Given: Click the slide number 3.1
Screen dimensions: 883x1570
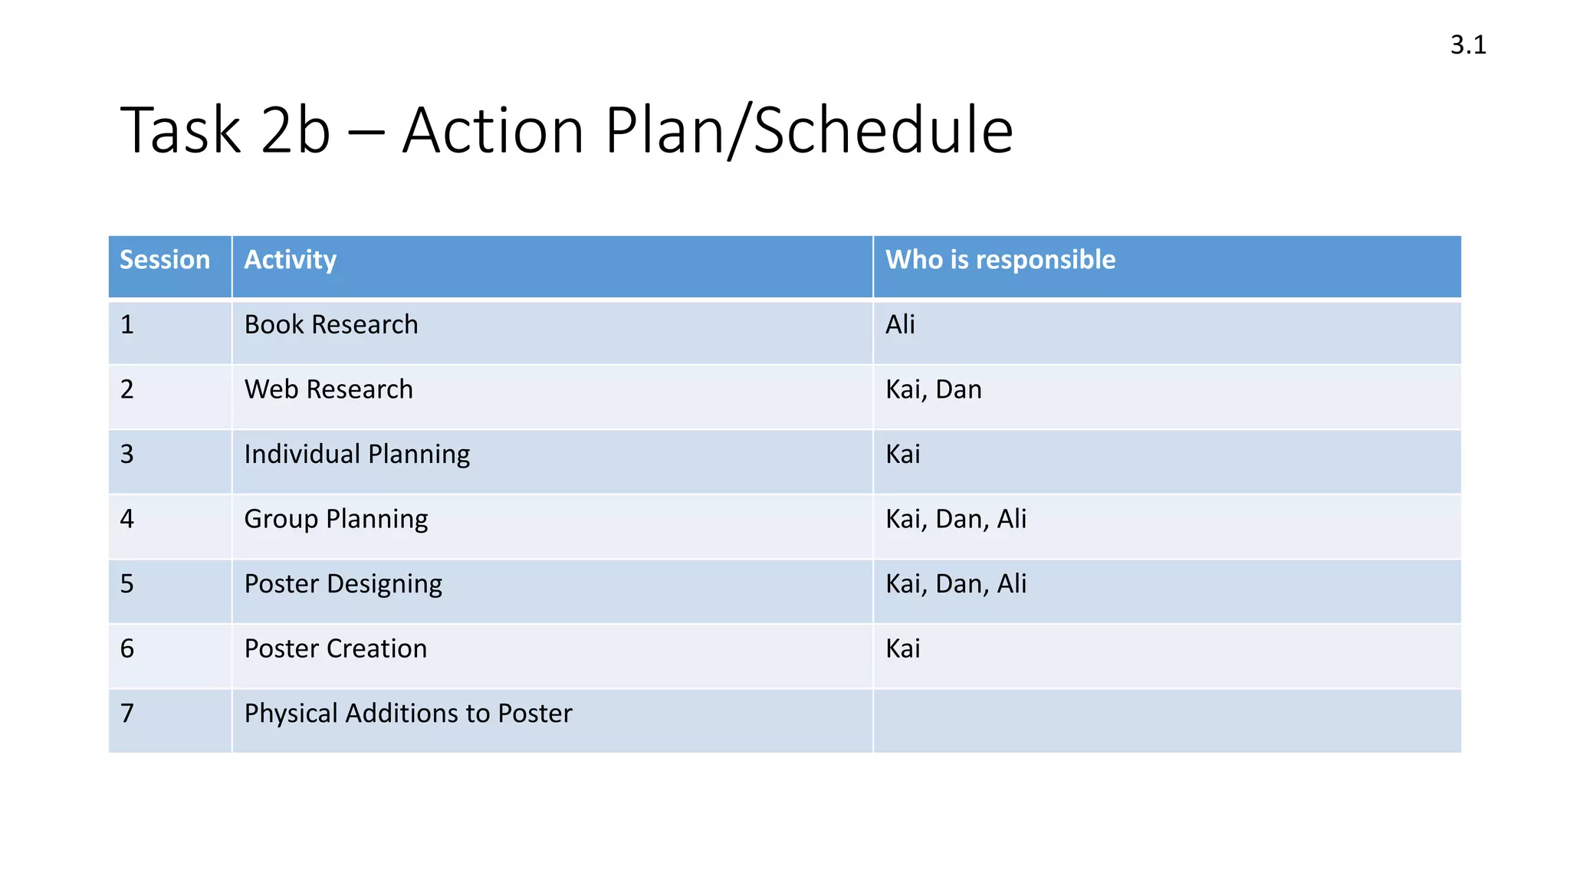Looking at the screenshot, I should (x=1468, y=45).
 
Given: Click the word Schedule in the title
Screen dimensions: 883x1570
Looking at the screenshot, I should (x=883, y=130).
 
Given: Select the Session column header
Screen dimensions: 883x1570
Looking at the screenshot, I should (x=165, y=260).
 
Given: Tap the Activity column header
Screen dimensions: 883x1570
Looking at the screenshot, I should (x=290, y=260).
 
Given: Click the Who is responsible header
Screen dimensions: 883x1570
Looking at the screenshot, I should (x=1000, y=260).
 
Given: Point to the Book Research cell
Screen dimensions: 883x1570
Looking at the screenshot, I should (x=331, y=325).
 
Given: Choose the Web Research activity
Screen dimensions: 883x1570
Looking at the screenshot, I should (x=328, y=389).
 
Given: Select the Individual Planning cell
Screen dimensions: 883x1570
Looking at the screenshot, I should (x=356, y=455).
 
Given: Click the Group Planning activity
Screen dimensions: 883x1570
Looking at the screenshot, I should (x=336, y=520).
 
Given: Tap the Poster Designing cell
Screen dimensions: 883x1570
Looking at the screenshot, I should (x=343, y=584).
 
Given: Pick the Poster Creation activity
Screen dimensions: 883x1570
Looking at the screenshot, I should (x=335, y=649).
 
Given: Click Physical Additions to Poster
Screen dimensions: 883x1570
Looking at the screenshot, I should (x=408, y=714).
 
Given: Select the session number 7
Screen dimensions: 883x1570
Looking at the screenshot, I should (x=127, y=714).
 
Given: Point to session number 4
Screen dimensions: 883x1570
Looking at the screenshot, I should (x=127, y=520).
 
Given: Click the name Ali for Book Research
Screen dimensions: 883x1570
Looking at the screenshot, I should (x=900, y=325).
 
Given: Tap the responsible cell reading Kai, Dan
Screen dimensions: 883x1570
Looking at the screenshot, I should (x=933, y=389).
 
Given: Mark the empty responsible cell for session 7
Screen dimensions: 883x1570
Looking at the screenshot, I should (x=1165, y=721).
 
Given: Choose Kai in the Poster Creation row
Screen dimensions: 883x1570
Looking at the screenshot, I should (x=902, y=649).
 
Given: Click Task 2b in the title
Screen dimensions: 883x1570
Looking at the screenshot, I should (x=225, y=130).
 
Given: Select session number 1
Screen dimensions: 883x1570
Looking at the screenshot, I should (x=127, y=325).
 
